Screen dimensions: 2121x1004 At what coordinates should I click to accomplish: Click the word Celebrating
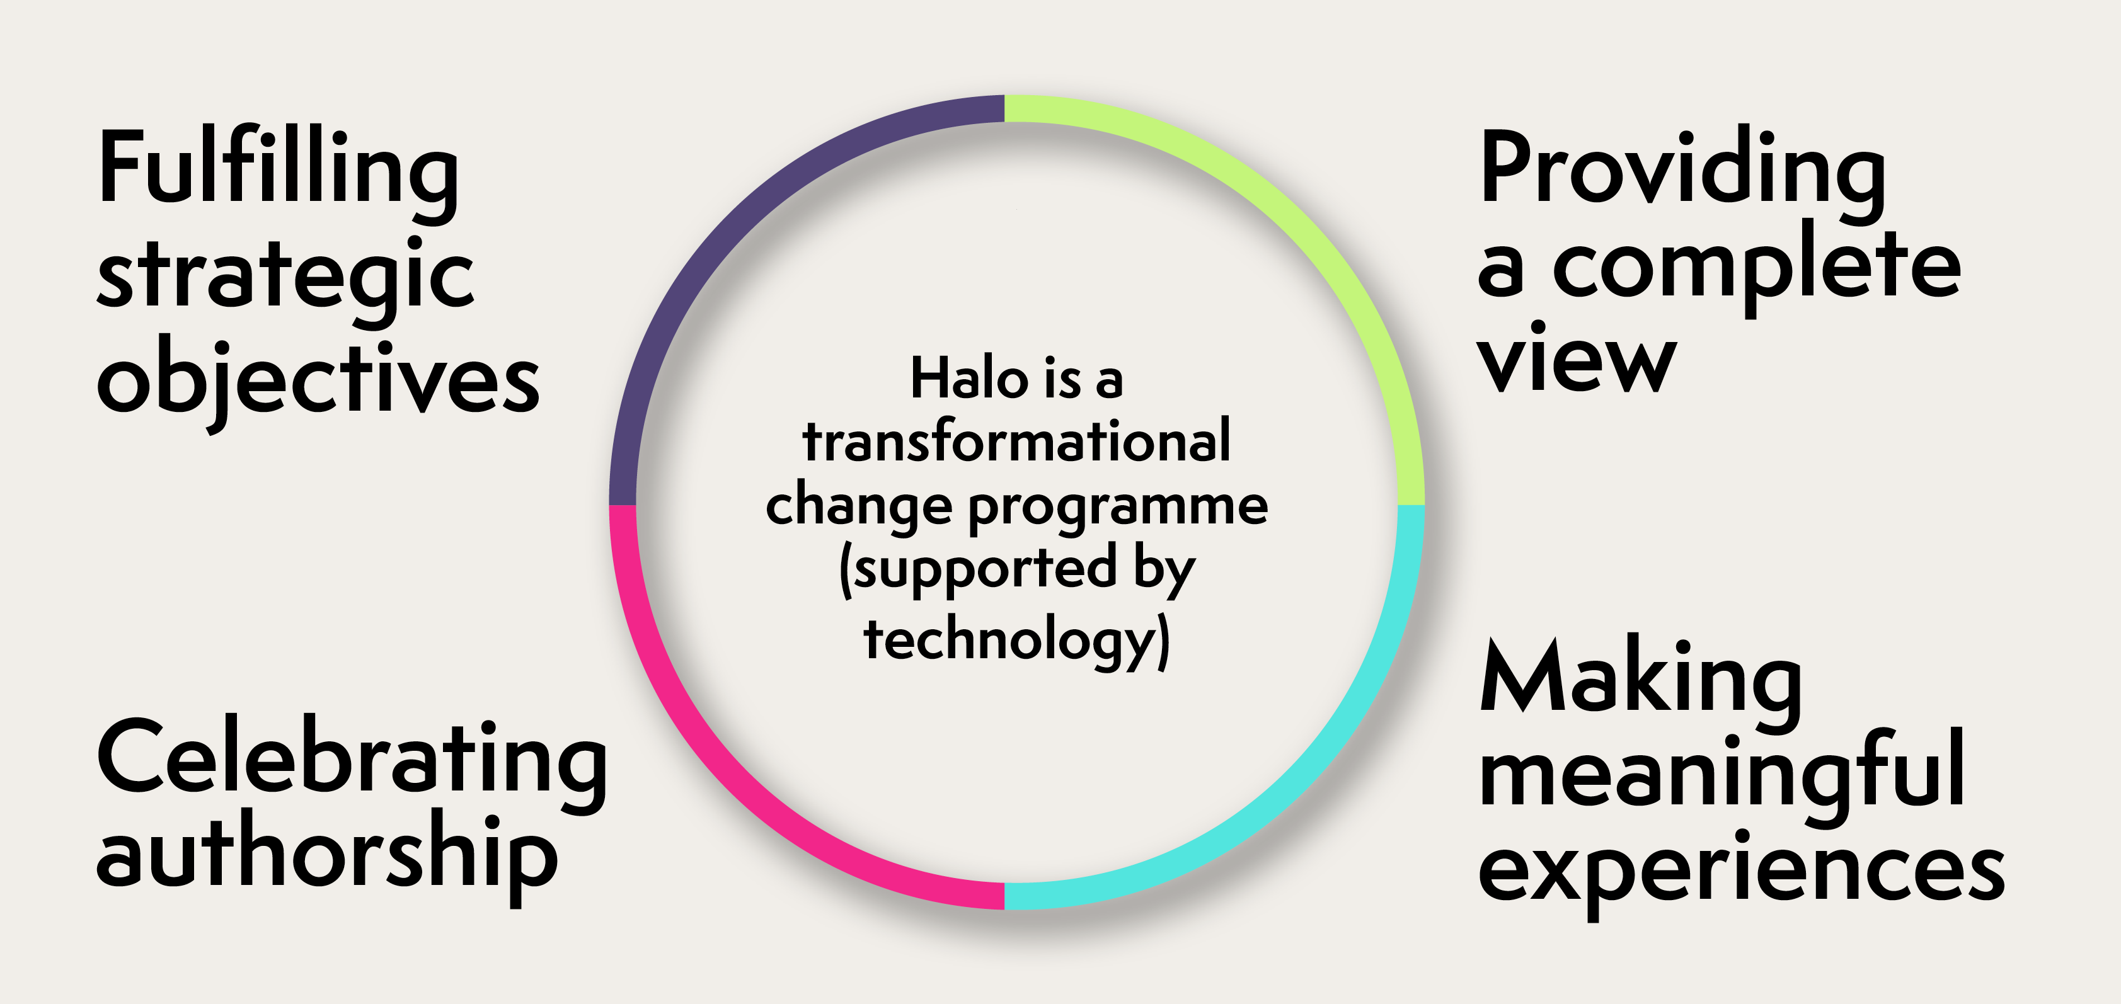pos(352,762)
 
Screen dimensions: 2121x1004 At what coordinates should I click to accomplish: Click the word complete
pos(1756,268)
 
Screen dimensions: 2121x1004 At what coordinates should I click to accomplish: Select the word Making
pos(1641,683)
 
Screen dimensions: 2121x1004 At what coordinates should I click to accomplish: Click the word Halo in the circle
pos(970,379)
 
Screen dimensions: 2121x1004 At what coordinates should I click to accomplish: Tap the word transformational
pos(1016,442)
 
